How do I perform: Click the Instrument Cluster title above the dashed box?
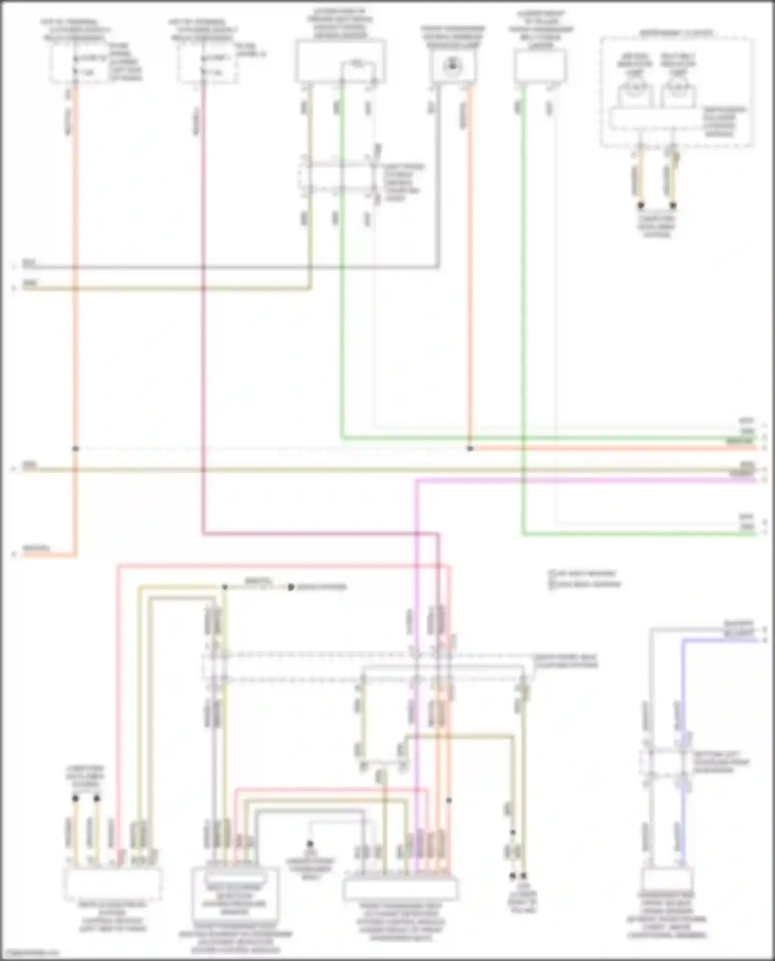click(676, 33)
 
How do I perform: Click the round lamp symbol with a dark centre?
click(453, 66)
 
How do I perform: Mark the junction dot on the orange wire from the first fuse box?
click(75, 448)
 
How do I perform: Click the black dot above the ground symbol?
click(310, 844)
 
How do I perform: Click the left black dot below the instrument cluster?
click(641, 205)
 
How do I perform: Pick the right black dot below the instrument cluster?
click(673, 205)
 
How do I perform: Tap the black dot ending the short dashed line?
click(291, 587)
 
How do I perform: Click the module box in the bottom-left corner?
click(113, 883)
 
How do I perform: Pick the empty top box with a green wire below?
click(540, 66)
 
